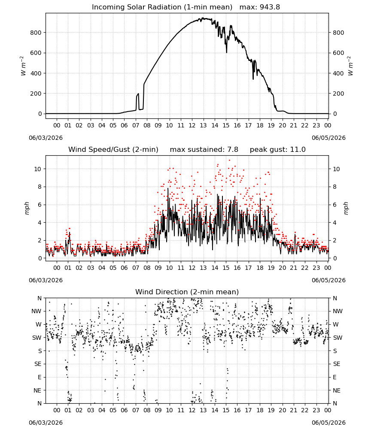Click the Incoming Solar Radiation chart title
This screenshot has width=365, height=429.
[162, 7]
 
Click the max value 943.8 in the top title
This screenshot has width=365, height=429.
[270, 7]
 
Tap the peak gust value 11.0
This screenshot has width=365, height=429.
[298, 150]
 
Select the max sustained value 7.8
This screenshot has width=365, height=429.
[233, 150]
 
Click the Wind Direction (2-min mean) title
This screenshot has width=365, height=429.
[187, 292]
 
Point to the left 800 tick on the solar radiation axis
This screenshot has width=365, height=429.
[36, 33]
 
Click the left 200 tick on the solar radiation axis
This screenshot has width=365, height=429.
[36, 94]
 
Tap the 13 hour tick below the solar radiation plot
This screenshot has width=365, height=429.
[203, 125]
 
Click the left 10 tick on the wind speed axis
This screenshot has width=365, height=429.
[38, 169]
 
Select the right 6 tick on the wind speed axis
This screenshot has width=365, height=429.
[335, 205]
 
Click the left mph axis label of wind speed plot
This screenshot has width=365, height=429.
[27, 208]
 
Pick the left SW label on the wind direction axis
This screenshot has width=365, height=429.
[37, 338]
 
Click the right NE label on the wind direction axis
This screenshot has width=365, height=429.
[337, 390]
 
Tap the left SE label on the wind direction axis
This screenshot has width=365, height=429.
[38, 364]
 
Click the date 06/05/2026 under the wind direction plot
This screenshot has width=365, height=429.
[328, 423]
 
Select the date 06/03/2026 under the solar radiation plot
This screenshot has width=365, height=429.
[46, 138]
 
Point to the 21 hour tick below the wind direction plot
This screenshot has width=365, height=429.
[294, 410]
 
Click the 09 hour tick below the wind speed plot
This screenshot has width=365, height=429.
[158, 268]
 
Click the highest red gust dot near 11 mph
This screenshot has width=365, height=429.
[229, 160]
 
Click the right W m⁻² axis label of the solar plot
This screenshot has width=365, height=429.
[350, 66]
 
